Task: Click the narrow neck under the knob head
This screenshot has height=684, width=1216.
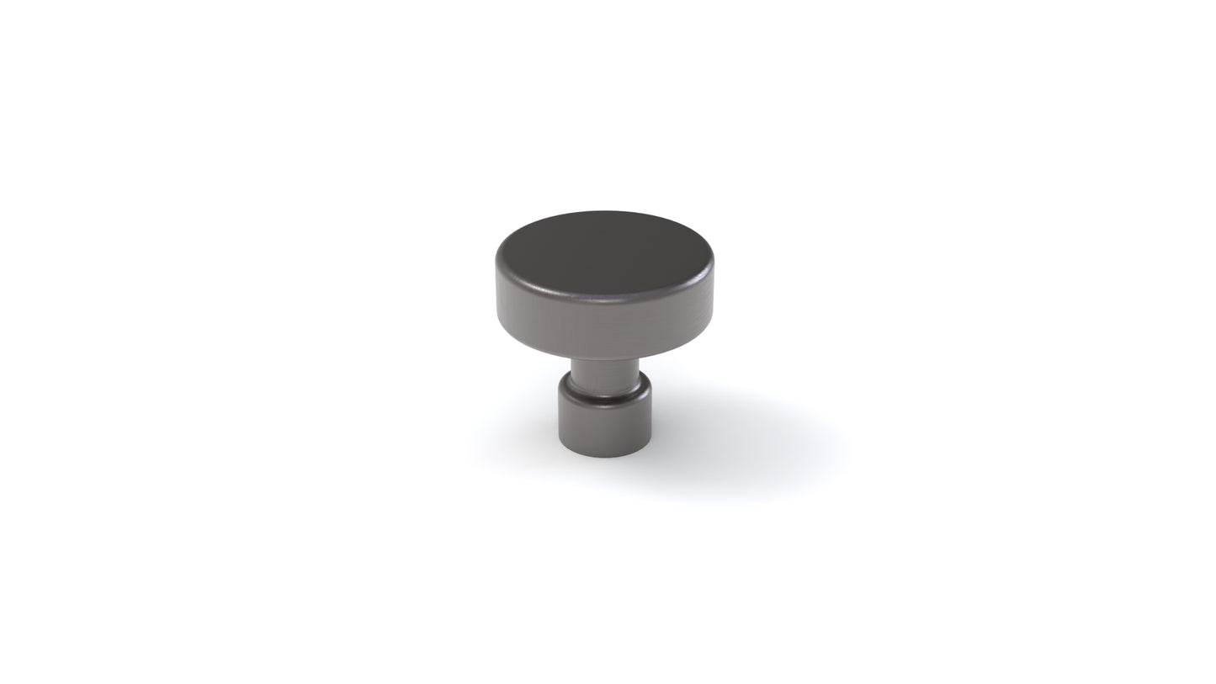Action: click(604, 374)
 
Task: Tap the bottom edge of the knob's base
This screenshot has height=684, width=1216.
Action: click(604, 456)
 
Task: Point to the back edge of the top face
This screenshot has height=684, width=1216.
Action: click(604, 213)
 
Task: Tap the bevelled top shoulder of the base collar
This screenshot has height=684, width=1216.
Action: click(604, 395)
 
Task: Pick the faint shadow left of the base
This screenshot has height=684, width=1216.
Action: click(522, 437)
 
